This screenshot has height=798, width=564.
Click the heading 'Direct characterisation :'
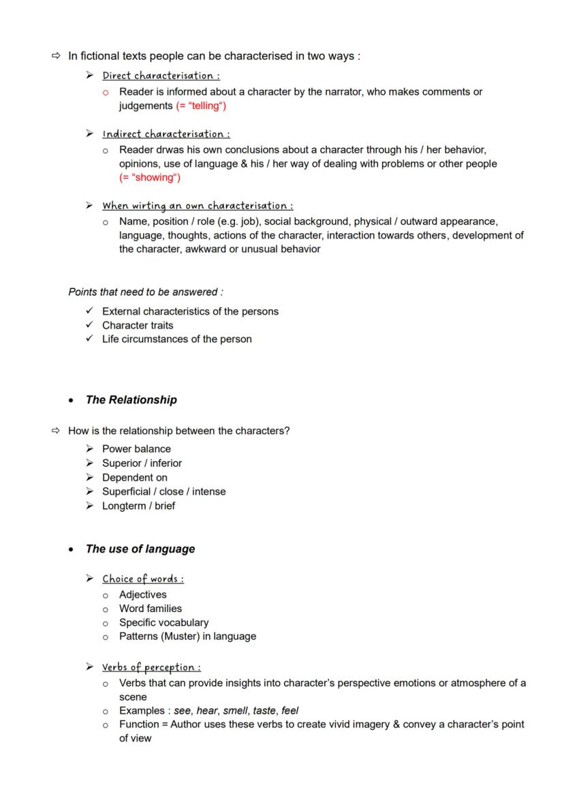[x=161, y=76]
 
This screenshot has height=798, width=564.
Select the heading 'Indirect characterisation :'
[x=166, y=134]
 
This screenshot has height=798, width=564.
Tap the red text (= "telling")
[x=201, y=106]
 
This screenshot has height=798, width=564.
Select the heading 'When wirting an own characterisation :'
[x=198, y=206]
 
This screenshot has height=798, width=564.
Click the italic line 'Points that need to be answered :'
[x=146, y=292]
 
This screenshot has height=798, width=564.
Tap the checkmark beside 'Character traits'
[x=89, y=325]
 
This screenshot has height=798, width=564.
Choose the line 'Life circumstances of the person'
[x=176, y=339]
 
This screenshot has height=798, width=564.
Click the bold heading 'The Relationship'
[x=131, y=400]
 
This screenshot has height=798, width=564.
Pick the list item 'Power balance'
[x=136, y=449]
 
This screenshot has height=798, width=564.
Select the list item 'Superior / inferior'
[x=142, y=463]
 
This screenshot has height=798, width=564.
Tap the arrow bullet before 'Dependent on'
[x=89, y=478]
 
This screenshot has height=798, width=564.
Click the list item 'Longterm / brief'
[x=138, y=506]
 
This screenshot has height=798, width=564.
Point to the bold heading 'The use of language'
[x=140, y=549]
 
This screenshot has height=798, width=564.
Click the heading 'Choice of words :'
[x=143, y=579]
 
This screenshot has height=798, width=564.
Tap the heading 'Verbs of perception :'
[x=151, y=667]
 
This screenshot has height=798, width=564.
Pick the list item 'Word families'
[x=150, y=609]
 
